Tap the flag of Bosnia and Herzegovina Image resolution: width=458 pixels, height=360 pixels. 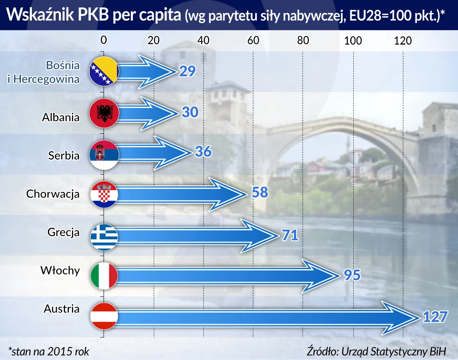coord(104,72)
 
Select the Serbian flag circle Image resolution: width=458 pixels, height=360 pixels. coord(104,155)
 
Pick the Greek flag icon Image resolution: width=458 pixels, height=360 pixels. coord(104,236)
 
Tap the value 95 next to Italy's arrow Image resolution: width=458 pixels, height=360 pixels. coord(350,275)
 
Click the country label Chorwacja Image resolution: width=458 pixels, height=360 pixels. coord(53,193)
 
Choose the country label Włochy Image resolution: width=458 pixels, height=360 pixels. coord(60,270)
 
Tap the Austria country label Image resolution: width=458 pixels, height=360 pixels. coord(61,308)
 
